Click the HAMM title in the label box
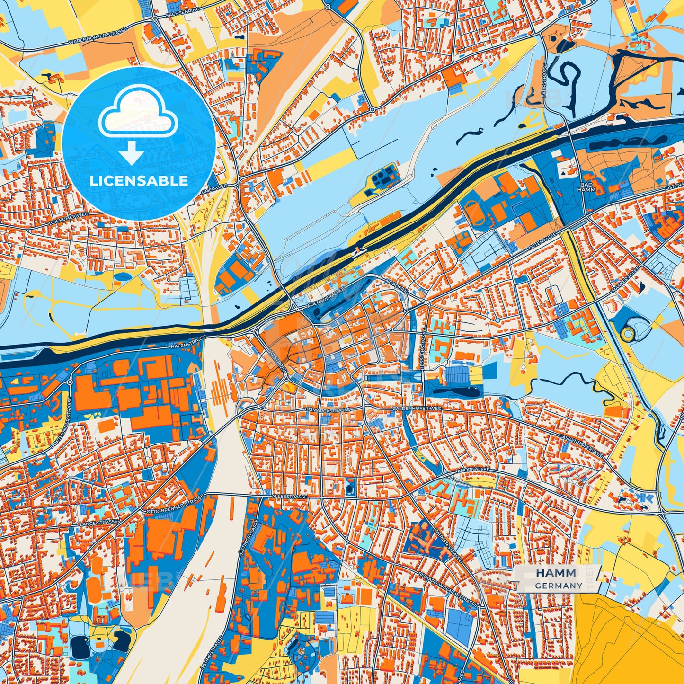(556, 573)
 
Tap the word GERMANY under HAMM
(559, 586)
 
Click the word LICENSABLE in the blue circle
(139, 180)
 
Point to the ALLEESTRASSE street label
(290, 497)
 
